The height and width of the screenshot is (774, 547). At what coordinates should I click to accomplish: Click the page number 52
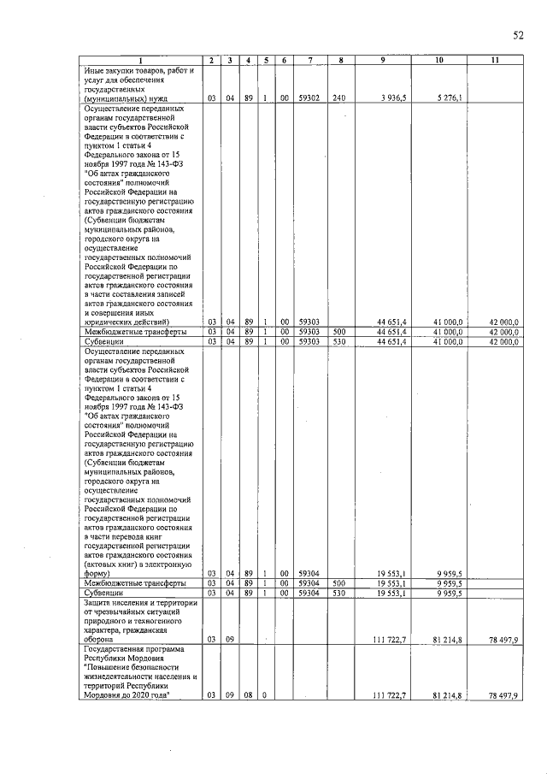[x=517, y=35]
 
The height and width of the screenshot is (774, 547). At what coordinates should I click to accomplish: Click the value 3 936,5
[x=392, y=98]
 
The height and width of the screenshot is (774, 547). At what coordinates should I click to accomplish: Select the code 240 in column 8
[x=339, y=98]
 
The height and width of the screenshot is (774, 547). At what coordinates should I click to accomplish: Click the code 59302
[x=309, y=98]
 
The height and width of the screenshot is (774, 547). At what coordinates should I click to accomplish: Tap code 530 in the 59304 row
[x=339, y=592]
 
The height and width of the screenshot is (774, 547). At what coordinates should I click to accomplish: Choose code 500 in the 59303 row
[x=339, y=332]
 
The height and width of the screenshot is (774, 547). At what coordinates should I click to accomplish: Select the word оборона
[x=100, y=639]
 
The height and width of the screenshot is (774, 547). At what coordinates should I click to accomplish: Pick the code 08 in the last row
[x=247, y=696]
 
